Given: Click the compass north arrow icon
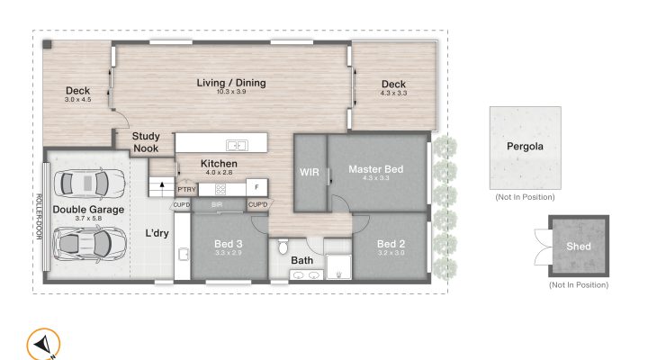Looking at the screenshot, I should pos(42,345).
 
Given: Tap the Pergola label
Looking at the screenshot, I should pos(526,146).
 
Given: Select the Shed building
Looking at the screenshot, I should pos(578,247).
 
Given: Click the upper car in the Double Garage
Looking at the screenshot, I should pos(89,184).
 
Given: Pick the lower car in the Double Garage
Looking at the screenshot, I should pos(89,241).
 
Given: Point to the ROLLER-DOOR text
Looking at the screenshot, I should pos(40,217).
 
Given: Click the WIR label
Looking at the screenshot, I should pos(310,171).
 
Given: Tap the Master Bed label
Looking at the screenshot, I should pos(375,169).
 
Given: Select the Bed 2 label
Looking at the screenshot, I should pos(389,244).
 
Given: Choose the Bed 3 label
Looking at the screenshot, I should pos(228,244).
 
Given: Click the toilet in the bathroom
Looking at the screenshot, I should pos(283,246).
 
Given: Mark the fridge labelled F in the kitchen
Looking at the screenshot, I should pos(256,188).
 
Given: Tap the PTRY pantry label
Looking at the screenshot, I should pos(186,189).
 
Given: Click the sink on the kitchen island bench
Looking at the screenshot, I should pos(237,144).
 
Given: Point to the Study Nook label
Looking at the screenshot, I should pos(146,142).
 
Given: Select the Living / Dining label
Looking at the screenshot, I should pos(231,83).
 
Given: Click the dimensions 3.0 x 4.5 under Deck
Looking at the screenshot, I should pos(77,100).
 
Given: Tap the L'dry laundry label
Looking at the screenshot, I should pos(157,234).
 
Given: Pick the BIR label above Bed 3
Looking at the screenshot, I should pos(216,205).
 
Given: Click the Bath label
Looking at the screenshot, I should pos(301,261).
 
